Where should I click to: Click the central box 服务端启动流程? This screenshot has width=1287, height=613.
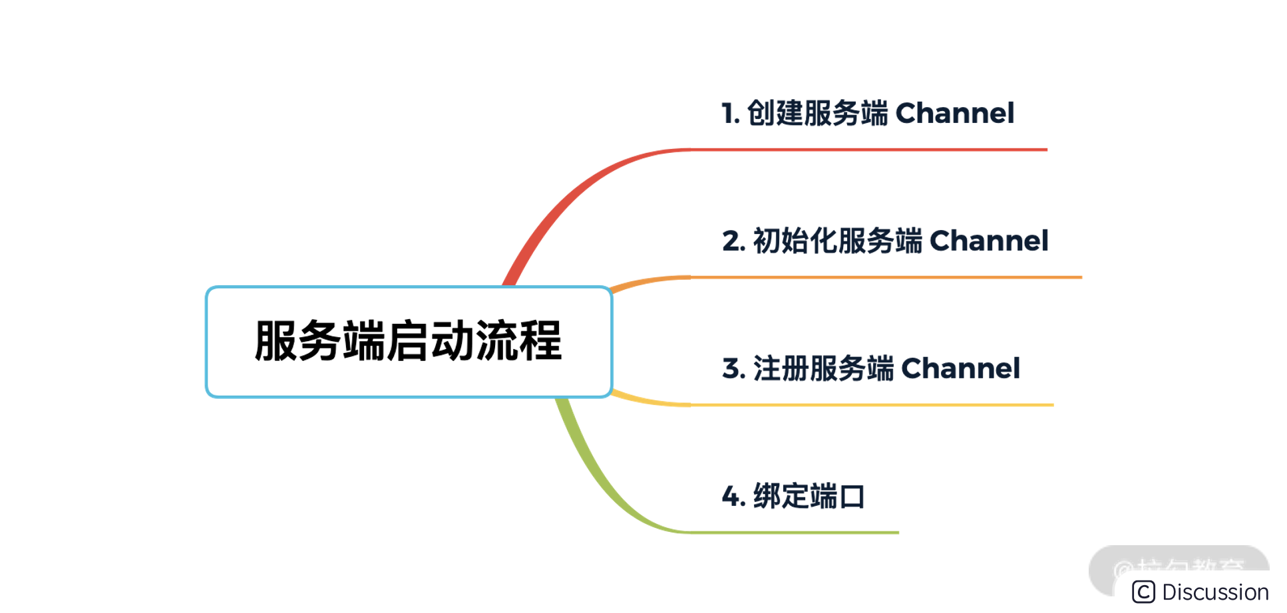[x=409, y=342]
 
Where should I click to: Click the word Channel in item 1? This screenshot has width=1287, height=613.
[x=954, y=113]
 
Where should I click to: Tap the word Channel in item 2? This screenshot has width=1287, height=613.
[x=988, y=241]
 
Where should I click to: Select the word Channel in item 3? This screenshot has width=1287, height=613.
[x=960, y=368]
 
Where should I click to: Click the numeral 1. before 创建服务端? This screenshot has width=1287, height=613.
[x=730, y=114]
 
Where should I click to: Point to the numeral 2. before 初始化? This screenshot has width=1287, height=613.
[x=733, y=241]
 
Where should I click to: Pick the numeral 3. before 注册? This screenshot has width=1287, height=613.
[x=733, y=369]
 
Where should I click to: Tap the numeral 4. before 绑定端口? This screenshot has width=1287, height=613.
[x=733, y=497]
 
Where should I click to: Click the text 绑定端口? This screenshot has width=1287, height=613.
[x=809, y=497]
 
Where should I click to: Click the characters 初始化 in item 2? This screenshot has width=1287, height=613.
[x=794, y=241]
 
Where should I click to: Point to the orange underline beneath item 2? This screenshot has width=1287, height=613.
[x=885, y=277]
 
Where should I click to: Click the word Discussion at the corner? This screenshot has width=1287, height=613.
[x=1215, y=592]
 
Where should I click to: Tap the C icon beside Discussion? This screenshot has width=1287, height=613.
[x=1143, y=592]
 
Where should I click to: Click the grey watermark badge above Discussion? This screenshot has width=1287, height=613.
[x=1178, y=562]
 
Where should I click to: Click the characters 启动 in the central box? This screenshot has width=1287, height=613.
[x=431, y=342]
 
